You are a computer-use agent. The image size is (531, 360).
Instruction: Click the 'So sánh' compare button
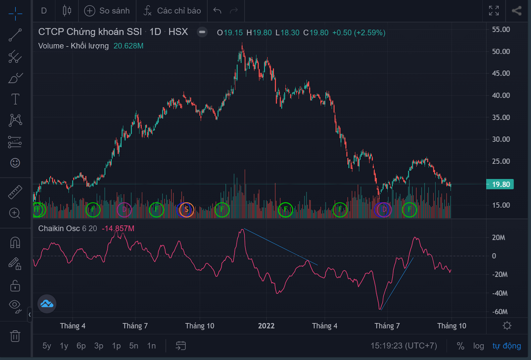click(107, 11)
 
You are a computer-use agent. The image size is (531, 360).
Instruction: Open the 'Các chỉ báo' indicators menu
click(172, 11)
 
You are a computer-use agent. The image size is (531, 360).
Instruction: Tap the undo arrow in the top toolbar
click(217, 11)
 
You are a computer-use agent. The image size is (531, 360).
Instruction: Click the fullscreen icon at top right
click(494, 11)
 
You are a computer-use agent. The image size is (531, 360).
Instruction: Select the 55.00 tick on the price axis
click(501, 30)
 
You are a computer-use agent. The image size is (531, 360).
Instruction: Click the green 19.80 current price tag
click(500, 184)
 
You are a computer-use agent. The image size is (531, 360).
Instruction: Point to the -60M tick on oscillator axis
click(500, 312)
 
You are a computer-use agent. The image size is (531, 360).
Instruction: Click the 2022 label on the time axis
click(266, 326)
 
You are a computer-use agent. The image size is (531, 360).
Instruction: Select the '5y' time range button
click(46, 346)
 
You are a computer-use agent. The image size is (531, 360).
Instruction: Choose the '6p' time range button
click(81, 346)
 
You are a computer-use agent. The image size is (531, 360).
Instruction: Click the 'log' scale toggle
click(478, 346)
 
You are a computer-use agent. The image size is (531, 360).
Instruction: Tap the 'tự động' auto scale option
click(506, 346)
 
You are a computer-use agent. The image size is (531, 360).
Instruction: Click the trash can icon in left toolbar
click(15, 336)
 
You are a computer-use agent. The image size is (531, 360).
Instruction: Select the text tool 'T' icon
click(15, 99)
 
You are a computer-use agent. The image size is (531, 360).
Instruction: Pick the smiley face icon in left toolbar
click(15, 163)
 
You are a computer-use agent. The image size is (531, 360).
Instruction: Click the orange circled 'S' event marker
click(187, 210)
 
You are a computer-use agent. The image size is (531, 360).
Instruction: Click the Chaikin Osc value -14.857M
click(118, 229)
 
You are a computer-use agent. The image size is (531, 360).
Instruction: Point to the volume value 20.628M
click(128, 46)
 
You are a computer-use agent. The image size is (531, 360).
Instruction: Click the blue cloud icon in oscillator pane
click(47, 304)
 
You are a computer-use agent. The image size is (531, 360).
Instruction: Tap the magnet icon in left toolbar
click(15, 243)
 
